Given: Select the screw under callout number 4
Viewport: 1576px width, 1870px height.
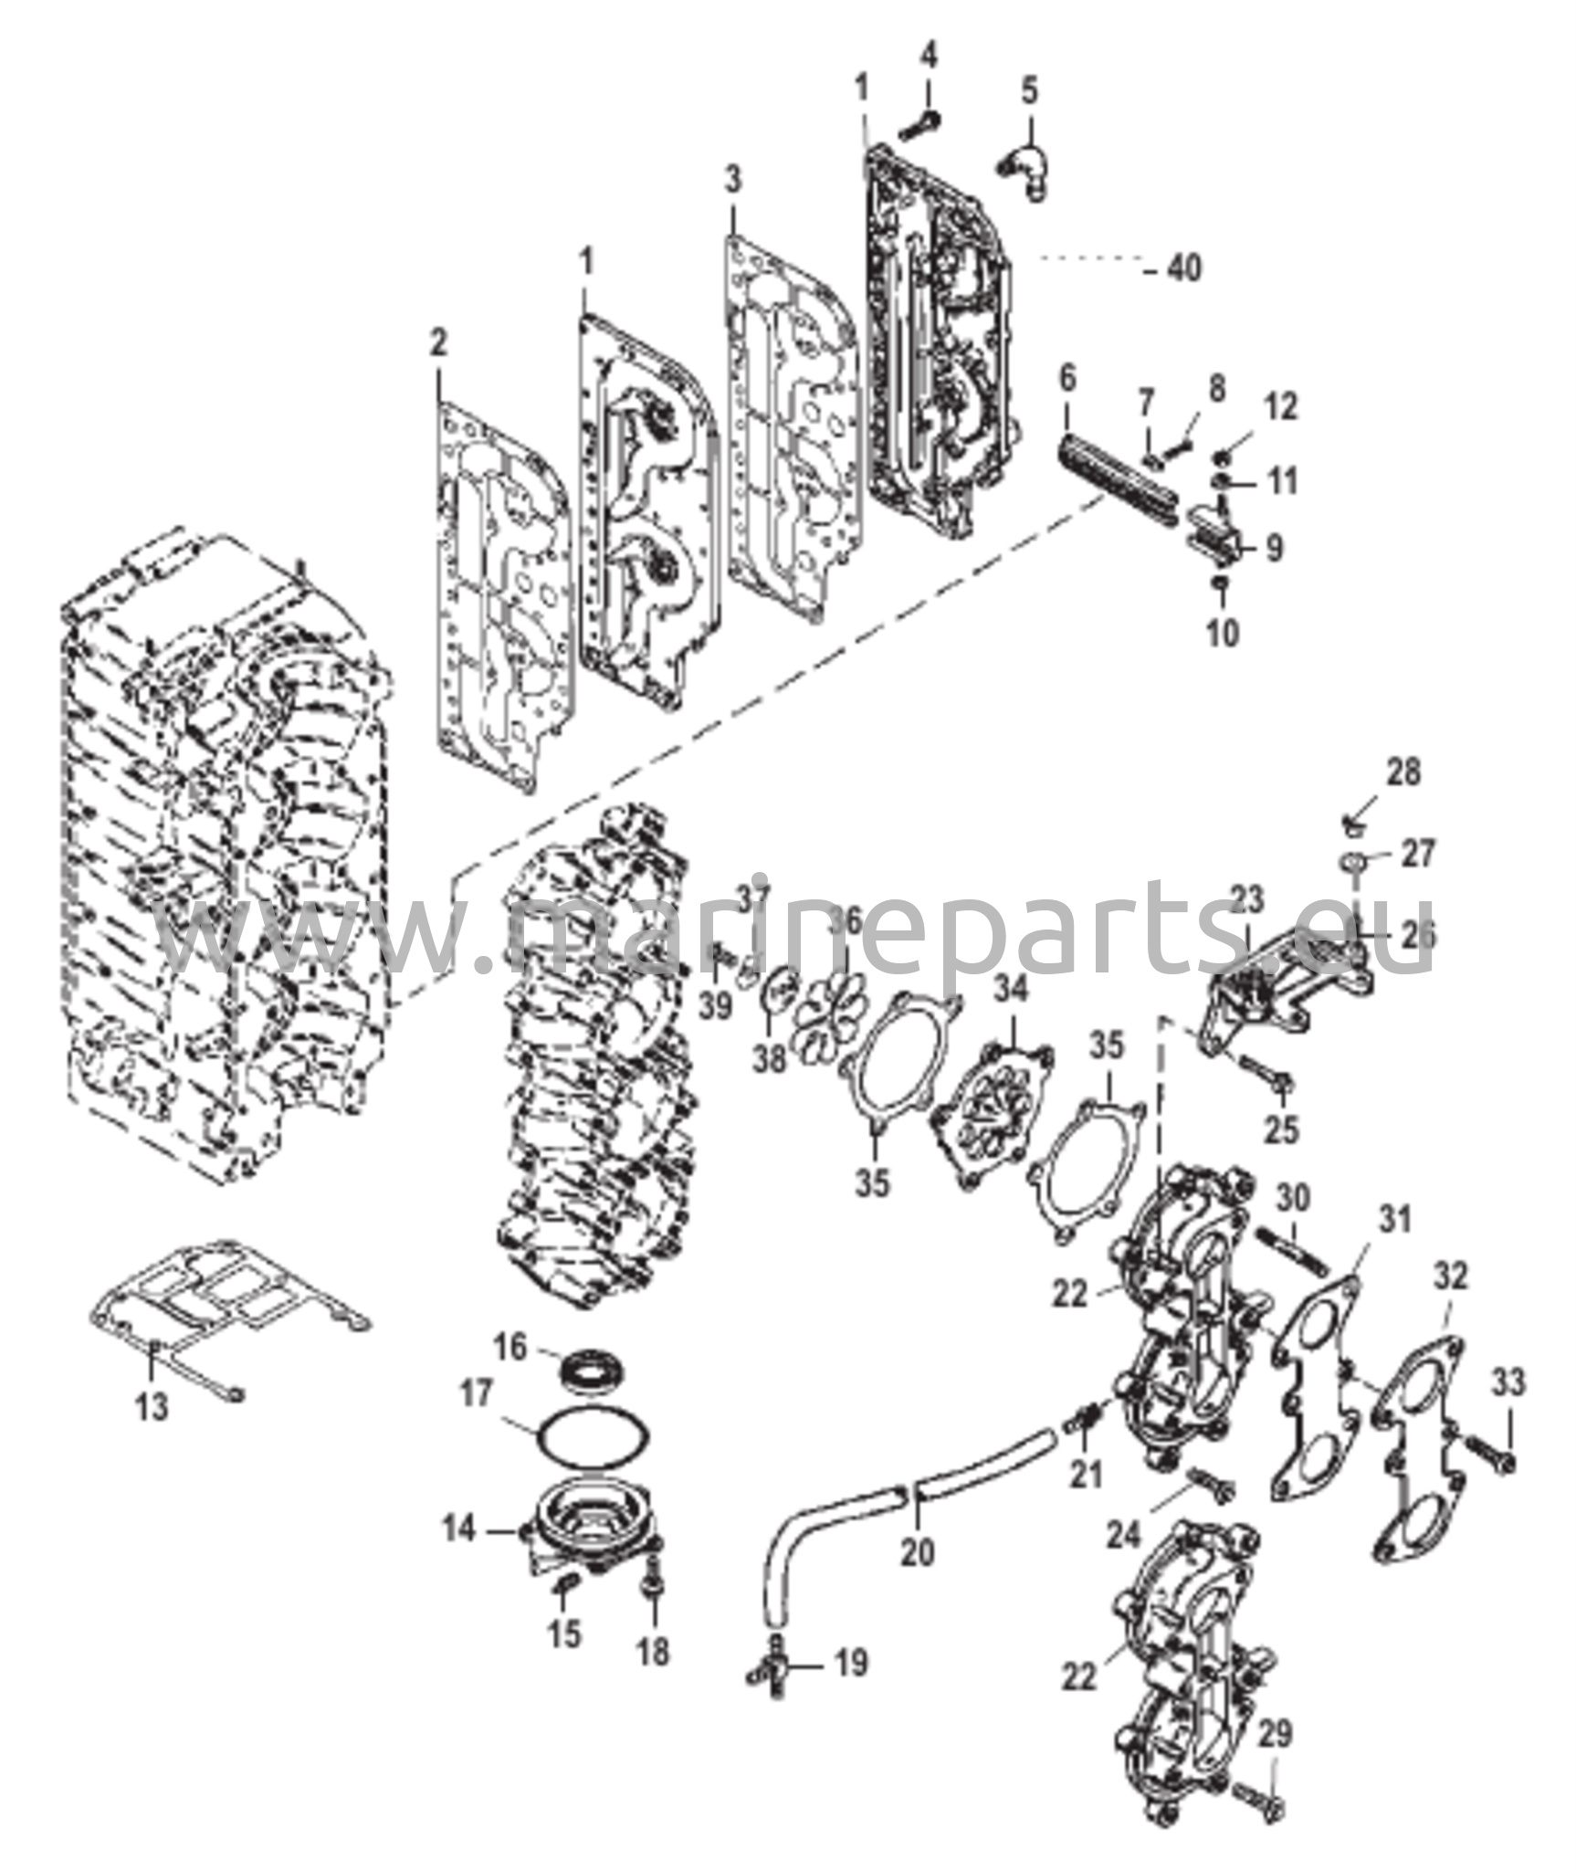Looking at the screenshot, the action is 919,127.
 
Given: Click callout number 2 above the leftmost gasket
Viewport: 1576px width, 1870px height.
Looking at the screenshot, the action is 438,345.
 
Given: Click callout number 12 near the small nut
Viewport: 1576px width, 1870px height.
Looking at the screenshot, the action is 1281,407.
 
